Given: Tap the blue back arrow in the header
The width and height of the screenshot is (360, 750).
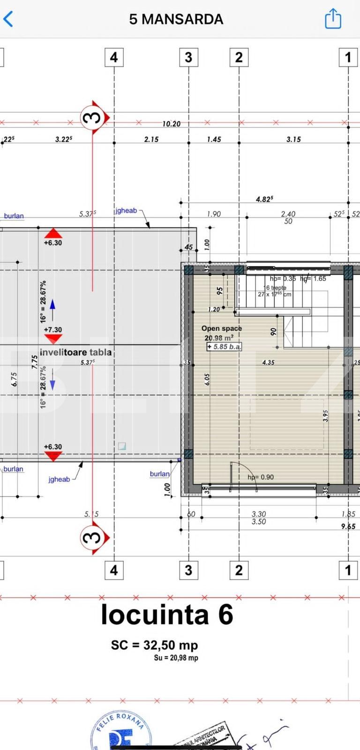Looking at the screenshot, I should [x=8, y=19].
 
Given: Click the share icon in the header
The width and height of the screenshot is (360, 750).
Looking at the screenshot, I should [x=333, y=19].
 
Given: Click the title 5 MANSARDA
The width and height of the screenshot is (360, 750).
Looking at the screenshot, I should [x=176, y=19].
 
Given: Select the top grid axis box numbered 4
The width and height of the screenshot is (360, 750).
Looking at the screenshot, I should [x=114, y=57].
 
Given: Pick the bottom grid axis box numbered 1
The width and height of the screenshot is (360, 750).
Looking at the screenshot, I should [x=347, y=570].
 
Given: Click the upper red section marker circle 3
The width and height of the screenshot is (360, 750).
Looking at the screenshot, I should [x=92, y=117].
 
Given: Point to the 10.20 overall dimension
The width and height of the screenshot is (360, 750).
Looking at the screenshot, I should [x=171, y=124].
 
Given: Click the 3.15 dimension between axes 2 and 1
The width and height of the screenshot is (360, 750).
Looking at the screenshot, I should [x=293, y=139].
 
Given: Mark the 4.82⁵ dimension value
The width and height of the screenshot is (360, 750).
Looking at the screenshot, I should [x=264, y=199].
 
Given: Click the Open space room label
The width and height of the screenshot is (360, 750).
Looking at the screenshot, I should [x=221, y=329].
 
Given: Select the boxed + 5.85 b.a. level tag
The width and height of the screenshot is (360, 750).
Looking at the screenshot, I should [x=225, y=347].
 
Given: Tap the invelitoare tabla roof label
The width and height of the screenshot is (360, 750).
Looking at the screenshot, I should [x=75, y=352].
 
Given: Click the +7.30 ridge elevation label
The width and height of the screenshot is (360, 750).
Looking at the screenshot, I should [x=52, y=330].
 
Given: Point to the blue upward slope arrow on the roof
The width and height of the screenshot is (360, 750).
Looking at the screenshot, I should [x=52, y=305].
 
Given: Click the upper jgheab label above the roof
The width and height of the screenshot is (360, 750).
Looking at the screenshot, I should [x=126, y=211].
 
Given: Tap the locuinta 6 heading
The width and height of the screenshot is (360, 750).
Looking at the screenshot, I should [x=167, y=615].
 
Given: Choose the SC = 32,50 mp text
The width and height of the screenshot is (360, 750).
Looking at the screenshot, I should [x=154, y=645].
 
